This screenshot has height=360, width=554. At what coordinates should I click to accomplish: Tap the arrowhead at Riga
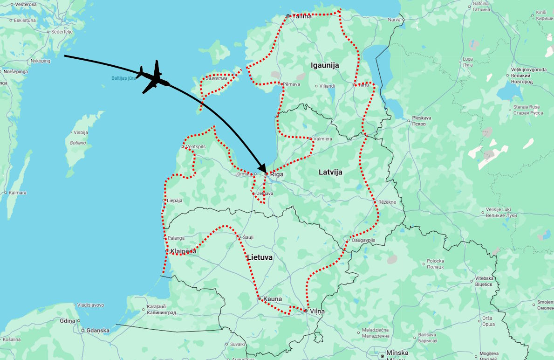263,169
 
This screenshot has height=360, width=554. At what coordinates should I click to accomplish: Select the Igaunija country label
325,65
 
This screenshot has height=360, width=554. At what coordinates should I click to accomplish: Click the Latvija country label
330,172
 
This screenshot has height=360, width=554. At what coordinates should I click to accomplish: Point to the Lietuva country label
260,257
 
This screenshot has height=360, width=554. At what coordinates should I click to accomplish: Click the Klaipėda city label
183,251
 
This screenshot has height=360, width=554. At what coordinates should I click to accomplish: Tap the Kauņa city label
273,299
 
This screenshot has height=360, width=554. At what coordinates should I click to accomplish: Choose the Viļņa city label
317,311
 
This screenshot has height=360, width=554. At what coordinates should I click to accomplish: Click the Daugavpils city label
363,240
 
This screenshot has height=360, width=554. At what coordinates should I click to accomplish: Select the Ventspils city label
196,146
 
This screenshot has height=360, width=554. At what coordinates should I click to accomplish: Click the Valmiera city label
323,139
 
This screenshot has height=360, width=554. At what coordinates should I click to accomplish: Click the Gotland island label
78,143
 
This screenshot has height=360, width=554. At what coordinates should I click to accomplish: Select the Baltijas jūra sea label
123,78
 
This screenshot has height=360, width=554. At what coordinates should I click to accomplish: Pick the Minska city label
397,353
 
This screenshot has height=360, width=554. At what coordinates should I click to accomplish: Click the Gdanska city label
98,331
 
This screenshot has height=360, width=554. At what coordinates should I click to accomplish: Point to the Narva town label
394,20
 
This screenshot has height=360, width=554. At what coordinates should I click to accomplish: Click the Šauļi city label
248,237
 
